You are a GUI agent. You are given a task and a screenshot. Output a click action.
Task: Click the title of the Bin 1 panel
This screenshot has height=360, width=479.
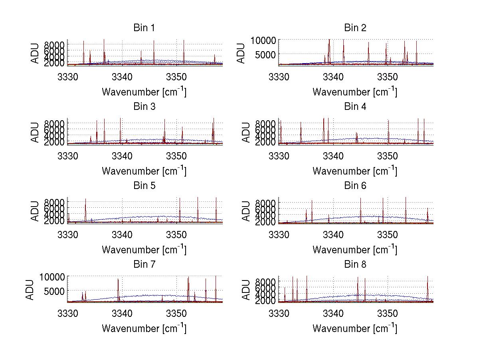(x=144, y=28)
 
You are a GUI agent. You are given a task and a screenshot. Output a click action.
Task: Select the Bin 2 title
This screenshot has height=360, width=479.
(x=355, y=28)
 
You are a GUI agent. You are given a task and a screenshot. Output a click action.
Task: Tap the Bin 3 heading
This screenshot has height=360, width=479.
(x=144, y=107)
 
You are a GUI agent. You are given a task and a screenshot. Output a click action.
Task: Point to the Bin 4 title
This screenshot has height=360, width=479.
(x=355, y=107)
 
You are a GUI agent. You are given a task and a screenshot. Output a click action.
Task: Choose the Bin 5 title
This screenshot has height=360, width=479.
(x=144, y=186)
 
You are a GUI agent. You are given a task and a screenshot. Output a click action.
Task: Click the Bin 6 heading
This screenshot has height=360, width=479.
(x=355, y=186)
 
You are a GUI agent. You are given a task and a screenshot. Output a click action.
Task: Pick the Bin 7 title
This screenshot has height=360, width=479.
(x=144, y=265)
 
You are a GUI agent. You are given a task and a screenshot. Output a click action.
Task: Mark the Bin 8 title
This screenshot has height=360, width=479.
(x=355, y=265)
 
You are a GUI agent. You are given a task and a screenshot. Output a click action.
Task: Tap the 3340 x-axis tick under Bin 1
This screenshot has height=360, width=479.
(x=122, y=76)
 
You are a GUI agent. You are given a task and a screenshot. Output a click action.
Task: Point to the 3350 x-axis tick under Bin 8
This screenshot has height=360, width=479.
(x=388, y=313)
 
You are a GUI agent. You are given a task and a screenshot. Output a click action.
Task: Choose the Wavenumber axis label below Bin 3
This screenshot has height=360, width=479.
(x=144, y=171)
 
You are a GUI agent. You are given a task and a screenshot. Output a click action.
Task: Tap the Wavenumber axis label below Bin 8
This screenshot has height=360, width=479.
(x=355, y=328)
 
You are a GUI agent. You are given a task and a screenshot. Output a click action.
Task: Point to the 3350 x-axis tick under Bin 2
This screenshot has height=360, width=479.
(x=388, y=76)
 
